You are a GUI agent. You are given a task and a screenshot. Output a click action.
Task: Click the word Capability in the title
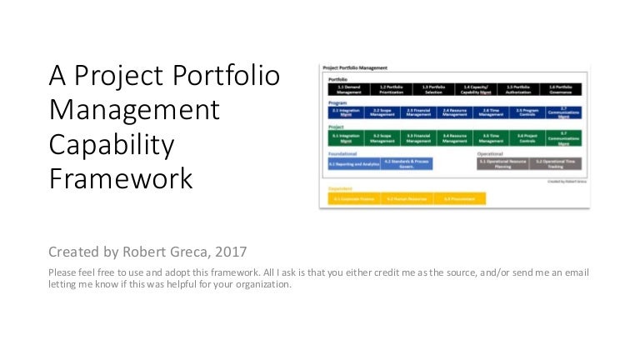coord(112,144)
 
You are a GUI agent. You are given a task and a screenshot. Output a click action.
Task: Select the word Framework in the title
coord(121,178)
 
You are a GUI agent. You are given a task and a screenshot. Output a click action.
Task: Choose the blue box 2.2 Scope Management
coord(382,112)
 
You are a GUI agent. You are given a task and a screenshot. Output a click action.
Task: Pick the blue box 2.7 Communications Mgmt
coord(562,112)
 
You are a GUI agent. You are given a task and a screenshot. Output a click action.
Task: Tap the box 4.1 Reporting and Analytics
coord(353,164)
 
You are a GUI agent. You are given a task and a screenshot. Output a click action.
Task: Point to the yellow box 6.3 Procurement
coord(459,199)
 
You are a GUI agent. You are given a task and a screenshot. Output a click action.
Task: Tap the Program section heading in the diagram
coord(337,102)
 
